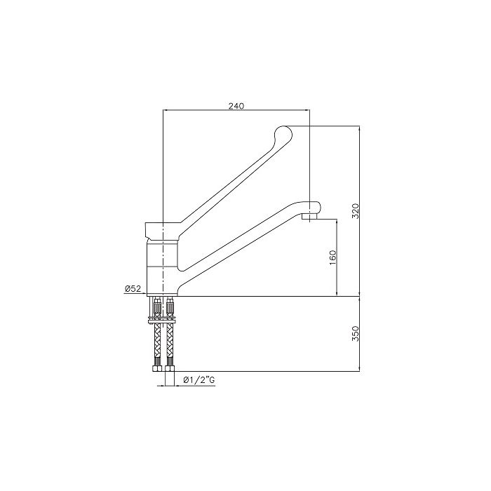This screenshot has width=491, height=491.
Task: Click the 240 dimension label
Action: pyautogui.click(x=236, y=105)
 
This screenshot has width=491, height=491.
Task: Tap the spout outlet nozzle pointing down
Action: pyautogui.click(x=307, y=219)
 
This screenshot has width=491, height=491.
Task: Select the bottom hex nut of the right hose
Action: pyautogui.click(x=169, y=367)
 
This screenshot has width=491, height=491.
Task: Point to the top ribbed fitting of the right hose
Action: pyautogui.click(x=169, y=307)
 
